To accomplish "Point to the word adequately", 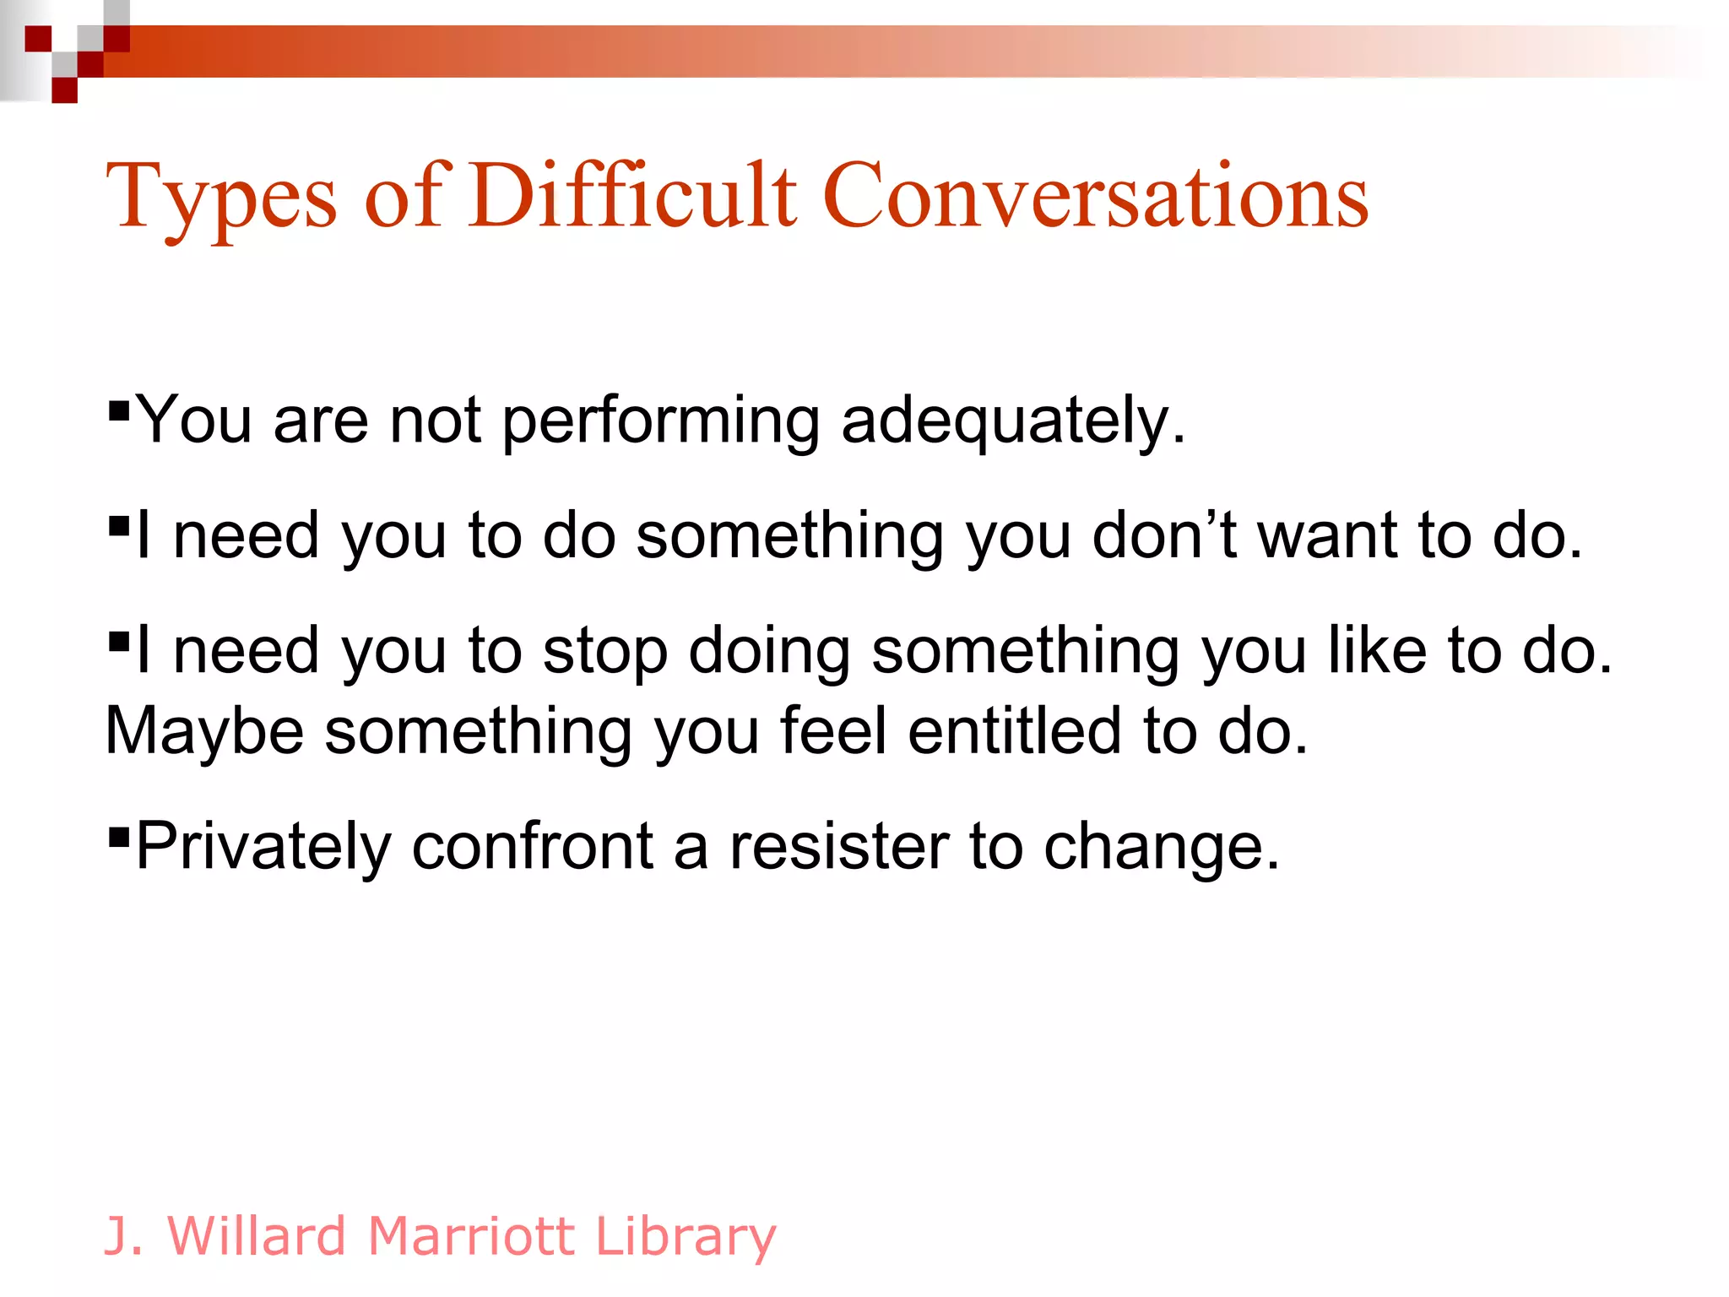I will pos(1013,421).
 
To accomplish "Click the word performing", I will pos(660,421).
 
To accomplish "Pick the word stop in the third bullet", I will pos(604,652).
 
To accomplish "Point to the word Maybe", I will pos(204,731).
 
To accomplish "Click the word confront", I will pos(533,846).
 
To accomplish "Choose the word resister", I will pos(839,846).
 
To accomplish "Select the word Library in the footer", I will pos(685,1238).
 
